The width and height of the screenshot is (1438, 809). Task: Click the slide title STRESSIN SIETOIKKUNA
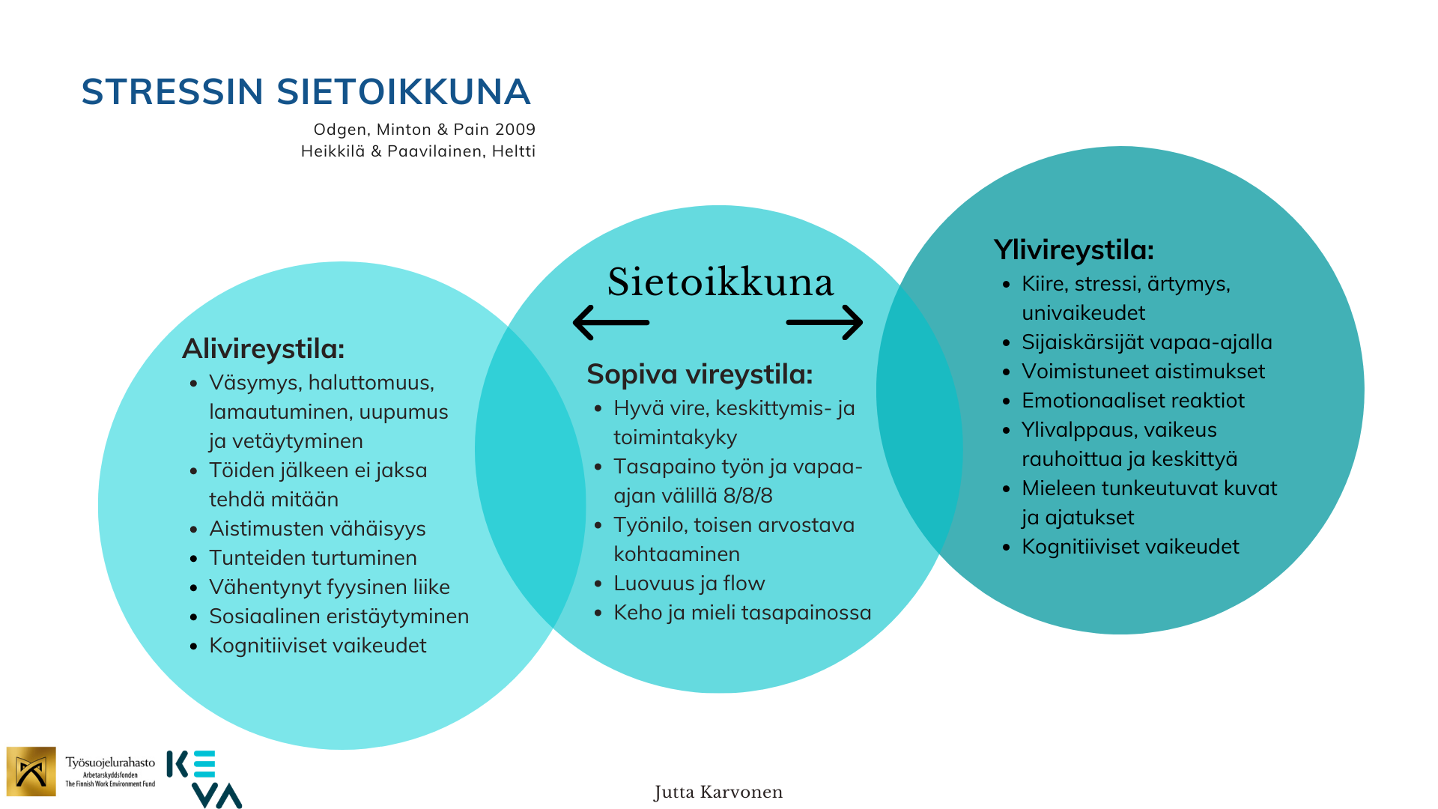306,92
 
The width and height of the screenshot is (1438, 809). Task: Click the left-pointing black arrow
610,323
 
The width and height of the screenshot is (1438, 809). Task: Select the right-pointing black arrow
825,323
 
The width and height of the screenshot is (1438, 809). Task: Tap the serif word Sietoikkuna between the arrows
720,282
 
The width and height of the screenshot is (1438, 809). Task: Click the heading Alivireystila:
263,349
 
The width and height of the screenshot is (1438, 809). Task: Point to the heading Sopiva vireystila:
700,375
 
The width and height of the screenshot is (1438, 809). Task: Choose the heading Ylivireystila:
1073,250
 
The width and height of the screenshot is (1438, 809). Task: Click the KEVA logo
204,779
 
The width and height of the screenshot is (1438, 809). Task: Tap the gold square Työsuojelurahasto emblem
31,772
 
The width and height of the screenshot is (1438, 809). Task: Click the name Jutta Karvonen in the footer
718,793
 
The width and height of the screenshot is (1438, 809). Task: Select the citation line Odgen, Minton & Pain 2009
424,130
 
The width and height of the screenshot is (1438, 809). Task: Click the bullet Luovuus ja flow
689,584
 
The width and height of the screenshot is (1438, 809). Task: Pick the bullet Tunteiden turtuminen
312,558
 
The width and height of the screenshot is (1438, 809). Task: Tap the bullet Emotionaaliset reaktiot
1132,401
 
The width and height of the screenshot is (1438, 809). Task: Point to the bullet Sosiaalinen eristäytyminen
339,616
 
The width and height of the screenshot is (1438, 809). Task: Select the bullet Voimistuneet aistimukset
1143,372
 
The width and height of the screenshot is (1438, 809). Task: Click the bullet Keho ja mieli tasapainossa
741,613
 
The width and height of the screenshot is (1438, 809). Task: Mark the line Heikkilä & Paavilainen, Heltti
418,151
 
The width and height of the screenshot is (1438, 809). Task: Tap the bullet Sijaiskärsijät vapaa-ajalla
1147,342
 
